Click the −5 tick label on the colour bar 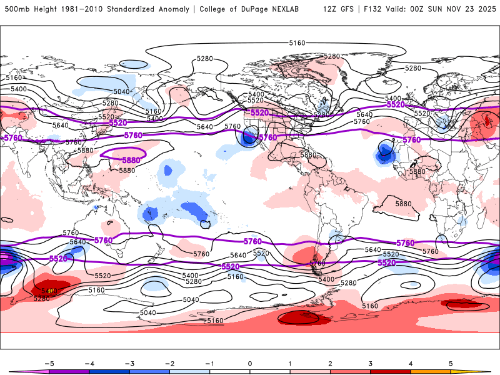click(x=48, y=362)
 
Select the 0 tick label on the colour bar click(x=250, y=362)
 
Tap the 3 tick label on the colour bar click(x=371, y=362)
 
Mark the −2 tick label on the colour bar click(x=169, y=362)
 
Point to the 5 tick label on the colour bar click(x=451, y=362)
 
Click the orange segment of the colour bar click(x=431, y=371)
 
